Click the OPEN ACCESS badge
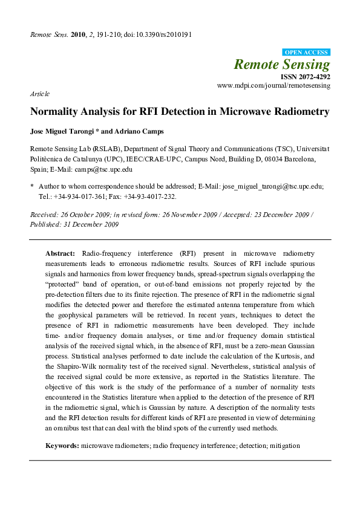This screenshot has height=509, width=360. (307, 53)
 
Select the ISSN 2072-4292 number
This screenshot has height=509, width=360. (305, 77)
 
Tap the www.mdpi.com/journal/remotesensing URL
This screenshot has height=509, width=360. (274, 86)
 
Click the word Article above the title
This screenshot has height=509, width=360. (39, 94)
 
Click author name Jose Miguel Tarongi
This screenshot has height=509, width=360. (59, 131)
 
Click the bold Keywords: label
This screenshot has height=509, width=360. (62, 446)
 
